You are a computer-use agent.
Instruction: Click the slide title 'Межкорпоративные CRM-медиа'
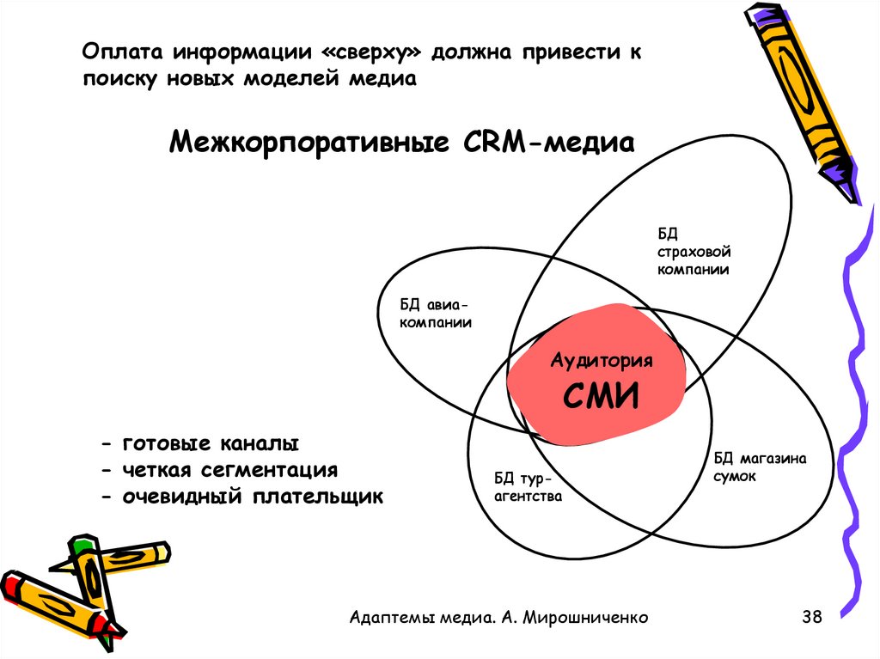coord(401,140)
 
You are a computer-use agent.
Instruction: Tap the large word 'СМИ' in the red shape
coord(601,396)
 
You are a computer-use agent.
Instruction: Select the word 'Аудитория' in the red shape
coord(602,360)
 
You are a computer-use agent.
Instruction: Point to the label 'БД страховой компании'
coord(694,251)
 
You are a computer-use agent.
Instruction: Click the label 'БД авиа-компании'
coord(436,314)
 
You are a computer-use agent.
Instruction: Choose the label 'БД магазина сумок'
coord(760,467)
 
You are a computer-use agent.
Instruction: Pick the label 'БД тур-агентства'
coord(528,487)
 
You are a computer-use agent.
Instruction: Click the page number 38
coord(811,616)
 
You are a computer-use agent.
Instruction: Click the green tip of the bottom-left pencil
coord(82,544)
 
